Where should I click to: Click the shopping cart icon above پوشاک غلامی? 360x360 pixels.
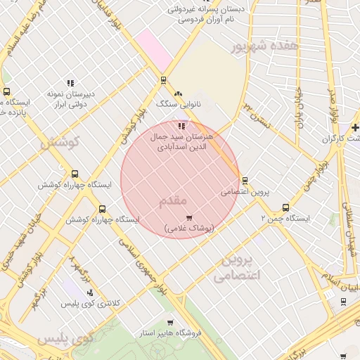(188, 218)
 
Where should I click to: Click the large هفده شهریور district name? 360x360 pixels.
(265, 46)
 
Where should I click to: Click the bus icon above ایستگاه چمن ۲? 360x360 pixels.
(285, 207)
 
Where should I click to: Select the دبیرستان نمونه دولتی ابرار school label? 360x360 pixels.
(70, 98)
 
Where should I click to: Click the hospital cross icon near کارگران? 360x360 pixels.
(355, 127)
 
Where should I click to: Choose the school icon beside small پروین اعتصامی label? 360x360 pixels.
(244, 180)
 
